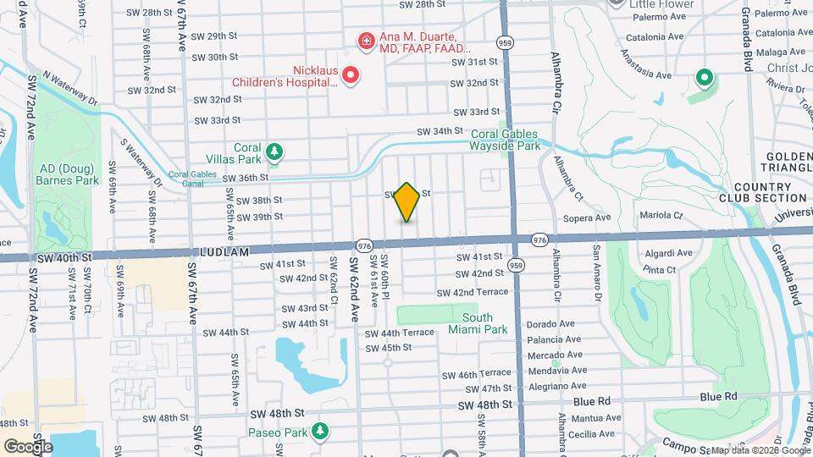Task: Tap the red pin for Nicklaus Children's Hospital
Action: point(350,76)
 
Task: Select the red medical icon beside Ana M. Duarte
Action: point(366,40)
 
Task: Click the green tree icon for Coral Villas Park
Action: point(274,151)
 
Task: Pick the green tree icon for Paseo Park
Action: point(319,432)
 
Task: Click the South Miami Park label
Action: point(471,323)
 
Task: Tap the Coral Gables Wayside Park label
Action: point(505,140)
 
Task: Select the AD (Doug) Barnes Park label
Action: point(68,173)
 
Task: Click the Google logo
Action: point(28,446)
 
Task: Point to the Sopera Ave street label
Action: point(592,217)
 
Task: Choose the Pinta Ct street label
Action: point(658,270)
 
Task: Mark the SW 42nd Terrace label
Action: point(473,292)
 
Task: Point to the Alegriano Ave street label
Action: point(556,386)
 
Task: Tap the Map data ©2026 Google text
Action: point(758,450)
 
